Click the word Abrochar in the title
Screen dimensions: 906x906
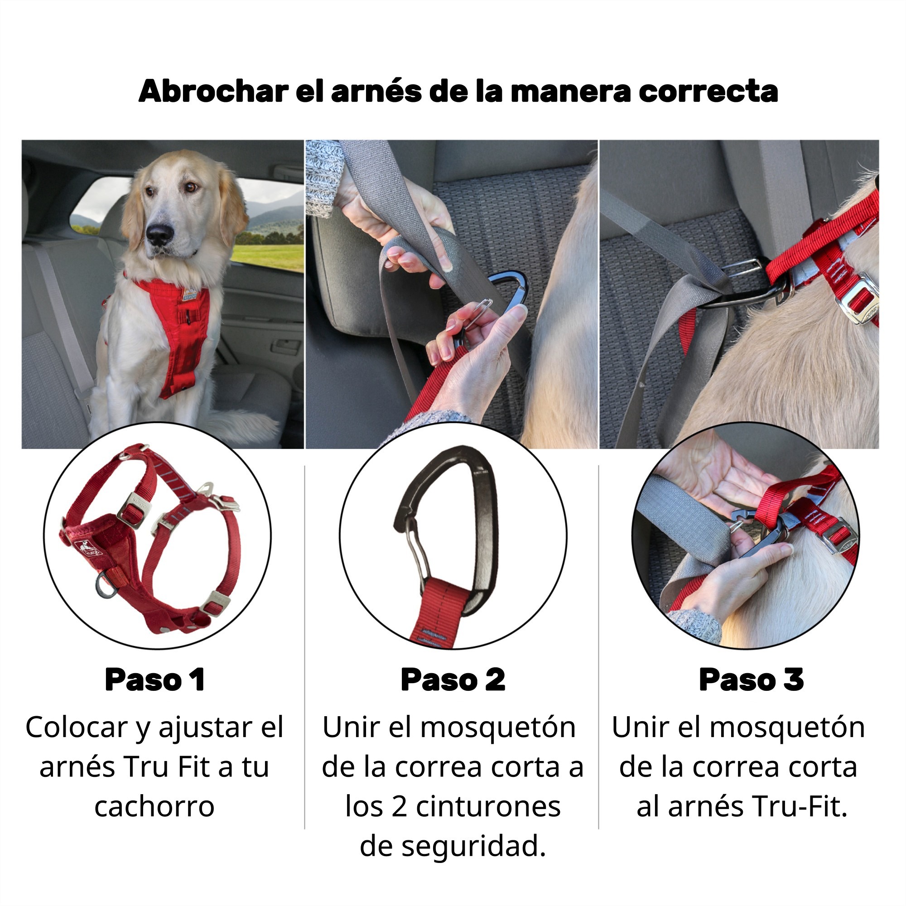[x=213, y=91]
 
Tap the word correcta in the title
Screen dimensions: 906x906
[x=708, y=92]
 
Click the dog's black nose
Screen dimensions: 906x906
[x=159, y=233]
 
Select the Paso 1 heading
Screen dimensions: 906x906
[x=155, y=679]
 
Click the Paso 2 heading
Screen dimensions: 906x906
[x=453, y=679]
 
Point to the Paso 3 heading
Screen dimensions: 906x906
[x=751, y=679]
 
